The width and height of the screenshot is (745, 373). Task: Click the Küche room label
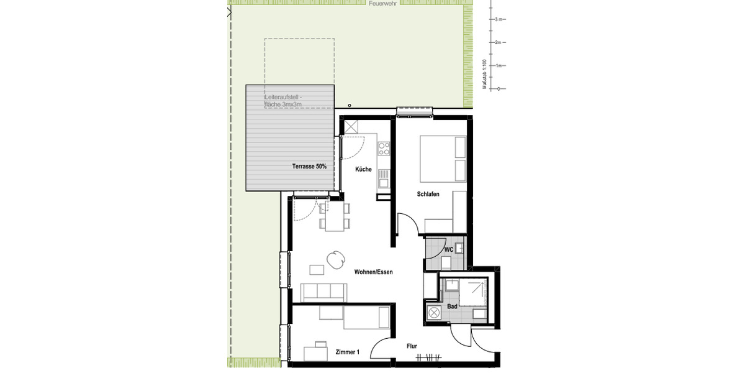point(363,169)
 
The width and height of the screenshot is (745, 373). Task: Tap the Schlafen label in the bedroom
point(428,195)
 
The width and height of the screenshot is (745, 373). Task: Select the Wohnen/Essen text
point(373,272)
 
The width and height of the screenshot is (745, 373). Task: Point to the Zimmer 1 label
point(347,352)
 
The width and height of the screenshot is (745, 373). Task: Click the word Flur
point(412,346)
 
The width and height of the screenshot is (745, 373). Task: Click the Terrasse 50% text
point(309,167)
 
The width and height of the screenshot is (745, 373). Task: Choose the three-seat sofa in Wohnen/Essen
point(323,292)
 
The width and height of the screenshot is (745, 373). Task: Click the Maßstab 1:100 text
point(484,75)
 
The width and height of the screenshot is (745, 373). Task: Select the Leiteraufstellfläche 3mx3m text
point(284,101)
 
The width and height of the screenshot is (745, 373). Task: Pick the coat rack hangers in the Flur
point(430,357)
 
